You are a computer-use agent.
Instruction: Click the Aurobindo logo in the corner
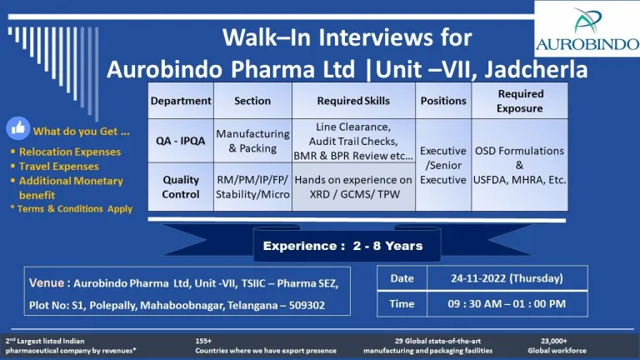pos(587,29)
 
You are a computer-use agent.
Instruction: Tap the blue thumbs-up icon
pos(18,128)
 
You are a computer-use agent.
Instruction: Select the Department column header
pos(181,101)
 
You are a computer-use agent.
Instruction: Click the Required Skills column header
pos(353,101)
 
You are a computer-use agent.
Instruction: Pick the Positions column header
pos(443,101)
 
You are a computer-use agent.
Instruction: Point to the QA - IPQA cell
pos(181,141)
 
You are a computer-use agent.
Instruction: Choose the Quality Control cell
pos(181,187)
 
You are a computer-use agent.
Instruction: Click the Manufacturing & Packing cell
pos(252,141)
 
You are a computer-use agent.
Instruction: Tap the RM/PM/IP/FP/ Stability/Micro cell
pos(252,187)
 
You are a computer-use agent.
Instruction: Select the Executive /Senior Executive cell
pos(443,165)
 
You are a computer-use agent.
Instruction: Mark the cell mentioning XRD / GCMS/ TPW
pos(353,187)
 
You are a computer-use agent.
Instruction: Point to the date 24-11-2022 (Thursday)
pos(507,278)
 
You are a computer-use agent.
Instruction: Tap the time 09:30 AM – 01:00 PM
pos(507,303)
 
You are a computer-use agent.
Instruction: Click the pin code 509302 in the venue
pos(307,305)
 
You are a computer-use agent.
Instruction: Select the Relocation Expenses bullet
pos(66,152)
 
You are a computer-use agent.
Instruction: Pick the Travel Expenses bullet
pos(55,166)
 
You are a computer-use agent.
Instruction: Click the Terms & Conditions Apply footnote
pos(72,208)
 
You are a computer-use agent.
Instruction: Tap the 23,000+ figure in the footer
pos(553,341)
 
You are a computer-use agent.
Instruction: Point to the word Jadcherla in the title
pos(536,69)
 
